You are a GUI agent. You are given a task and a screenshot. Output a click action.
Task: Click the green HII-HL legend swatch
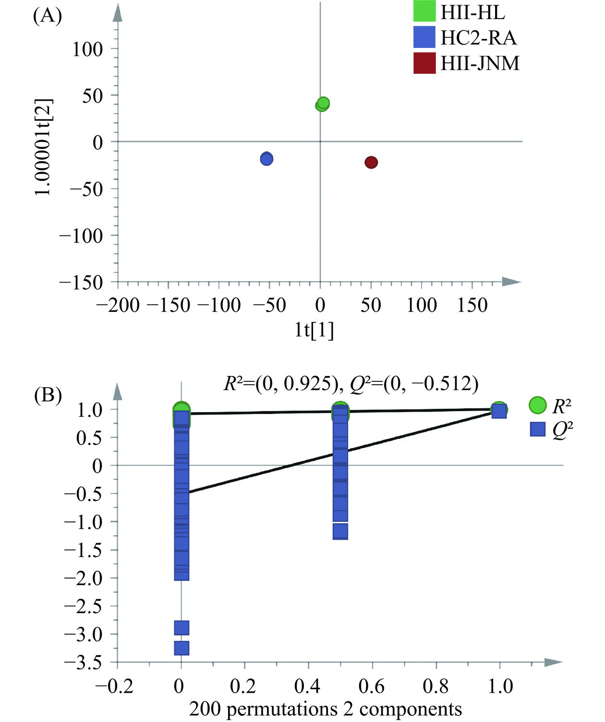coord(424,11)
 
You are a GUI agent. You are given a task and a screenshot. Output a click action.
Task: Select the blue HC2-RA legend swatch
coord(424,37)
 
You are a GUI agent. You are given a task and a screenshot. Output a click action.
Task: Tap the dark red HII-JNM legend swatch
coord(424,63)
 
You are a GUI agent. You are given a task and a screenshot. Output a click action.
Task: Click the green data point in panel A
coord(323,104)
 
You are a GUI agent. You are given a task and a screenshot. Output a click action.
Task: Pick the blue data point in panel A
coord(266,158)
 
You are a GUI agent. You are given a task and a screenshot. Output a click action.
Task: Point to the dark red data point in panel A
coord(371,162)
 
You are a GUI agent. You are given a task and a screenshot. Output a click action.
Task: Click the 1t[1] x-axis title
coord(314,330)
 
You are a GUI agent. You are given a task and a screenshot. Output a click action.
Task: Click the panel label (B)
coord(47,396)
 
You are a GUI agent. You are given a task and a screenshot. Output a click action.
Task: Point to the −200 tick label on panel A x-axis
coord(118,305)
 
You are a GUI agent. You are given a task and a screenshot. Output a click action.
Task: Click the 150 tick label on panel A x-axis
coord(472,305)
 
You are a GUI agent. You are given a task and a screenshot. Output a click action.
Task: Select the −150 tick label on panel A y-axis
coord(81,283)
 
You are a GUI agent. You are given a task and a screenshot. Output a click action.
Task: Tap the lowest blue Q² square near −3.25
coord(181,648)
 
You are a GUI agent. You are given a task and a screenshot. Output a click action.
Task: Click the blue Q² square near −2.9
coord(181,627)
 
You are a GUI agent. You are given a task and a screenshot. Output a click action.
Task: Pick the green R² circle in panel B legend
coord(537,406)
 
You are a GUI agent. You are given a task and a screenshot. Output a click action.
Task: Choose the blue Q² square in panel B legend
coord(537,429)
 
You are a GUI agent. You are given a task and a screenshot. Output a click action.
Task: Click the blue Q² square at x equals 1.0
coord(499,411)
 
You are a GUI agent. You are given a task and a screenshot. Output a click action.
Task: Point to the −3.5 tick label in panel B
coord(84,663)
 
